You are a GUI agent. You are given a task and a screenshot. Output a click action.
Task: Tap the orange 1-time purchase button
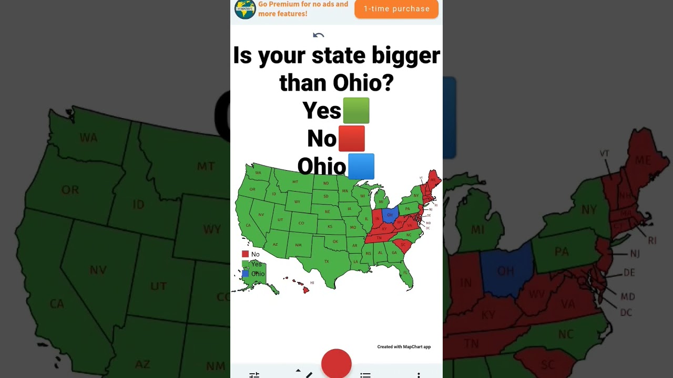point(396,9)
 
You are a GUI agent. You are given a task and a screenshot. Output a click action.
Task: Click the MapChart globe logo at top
point(245,9)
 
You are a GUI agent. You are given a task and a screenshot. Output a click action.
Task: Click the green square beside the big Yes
point(356,110)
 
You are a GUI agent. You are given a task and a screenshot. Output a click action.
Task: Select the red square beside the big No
point(351,139)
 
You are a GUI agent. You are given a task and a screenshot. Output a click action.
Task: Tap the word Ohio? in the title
point(363,82)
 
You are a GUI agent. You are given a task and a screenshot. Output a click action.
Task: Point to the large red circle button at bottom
point(336,363)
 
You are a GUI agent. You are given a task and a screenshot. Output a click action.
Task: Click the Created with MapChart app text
point(404,346)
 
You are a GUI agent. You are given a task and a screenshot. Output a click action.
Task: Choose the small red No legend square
point(245,254)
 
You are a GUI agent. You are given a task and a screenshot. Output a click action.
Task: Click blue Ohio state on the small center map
point(390,214)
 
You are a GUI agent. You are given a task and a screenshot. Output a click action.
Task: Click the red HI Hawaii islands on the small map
point(305,289)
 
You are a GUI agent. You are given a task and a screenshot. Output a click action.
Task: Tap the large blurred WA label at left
point(88,138)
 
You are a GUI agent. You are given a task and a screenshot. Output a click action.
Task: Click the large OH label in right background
point(505,271)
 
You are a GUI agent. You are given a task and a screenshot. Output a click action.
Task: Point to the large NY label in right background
point(589,210)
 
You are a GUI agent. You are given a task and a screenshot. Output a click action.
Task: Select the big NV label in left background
point(98,270)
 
